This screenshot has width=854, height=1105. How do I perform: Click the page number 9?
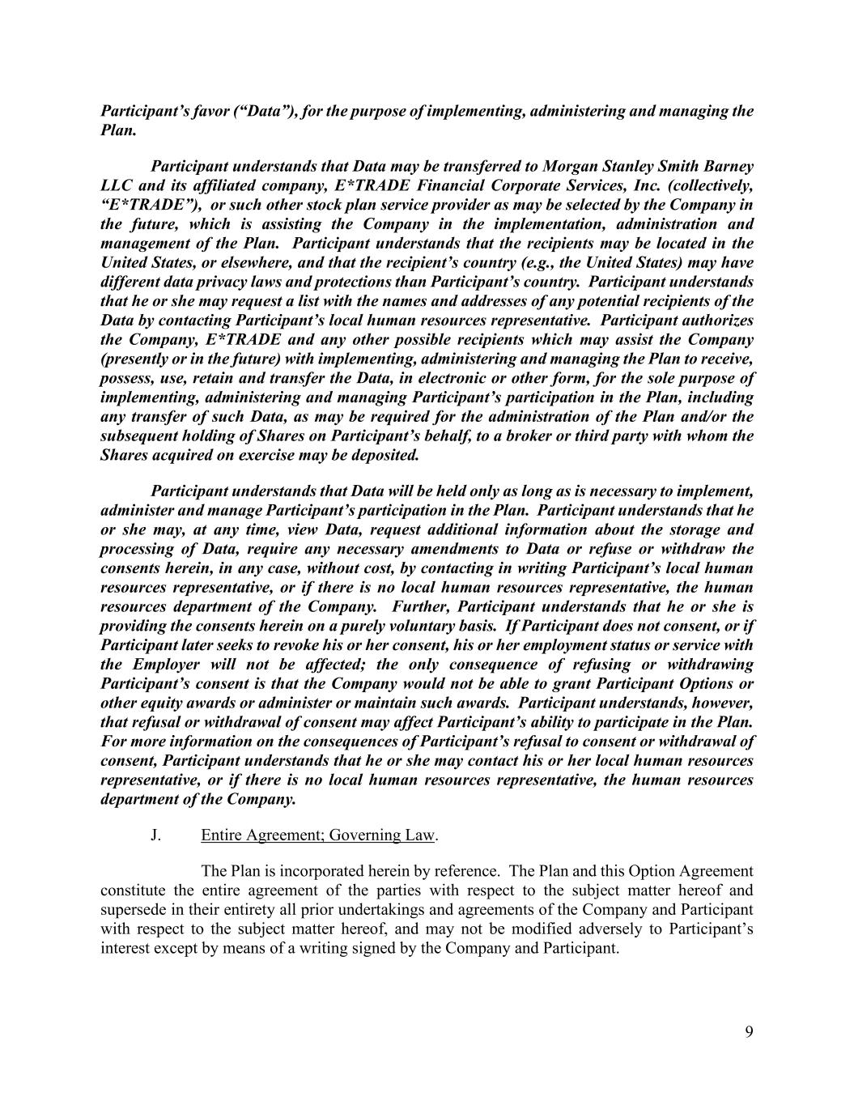pos(749,1031)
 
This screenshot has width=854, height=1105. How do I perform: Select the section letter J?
pos(155,835)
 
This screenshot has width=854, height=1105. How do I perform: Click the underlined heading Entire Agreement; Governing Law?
pos(318,835)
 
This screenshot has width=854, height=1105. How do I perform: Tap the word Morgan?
pos(568,166)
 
